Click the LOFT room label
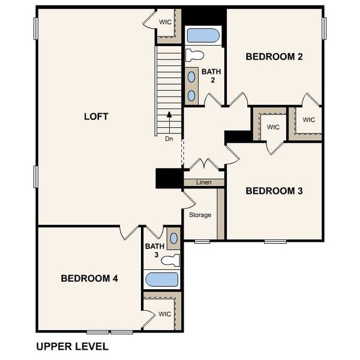(96, 116)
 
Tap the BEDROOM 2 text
(274, 57)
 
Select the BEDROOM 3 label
(274, 191)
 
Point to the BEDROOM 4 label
(89, 278)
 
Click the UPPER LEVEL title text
(72, 346)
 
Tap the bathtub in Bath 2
(203, 35)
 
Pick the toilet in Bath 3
(172, 260)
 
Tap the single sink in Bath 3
(173, 238)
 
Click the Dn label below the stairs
(170, 138)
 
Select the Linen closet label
(203, 182)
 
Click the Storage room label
(200, 215)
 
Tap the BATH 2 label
(211, 76)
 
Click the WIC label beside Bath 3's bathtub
(165, 314)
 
